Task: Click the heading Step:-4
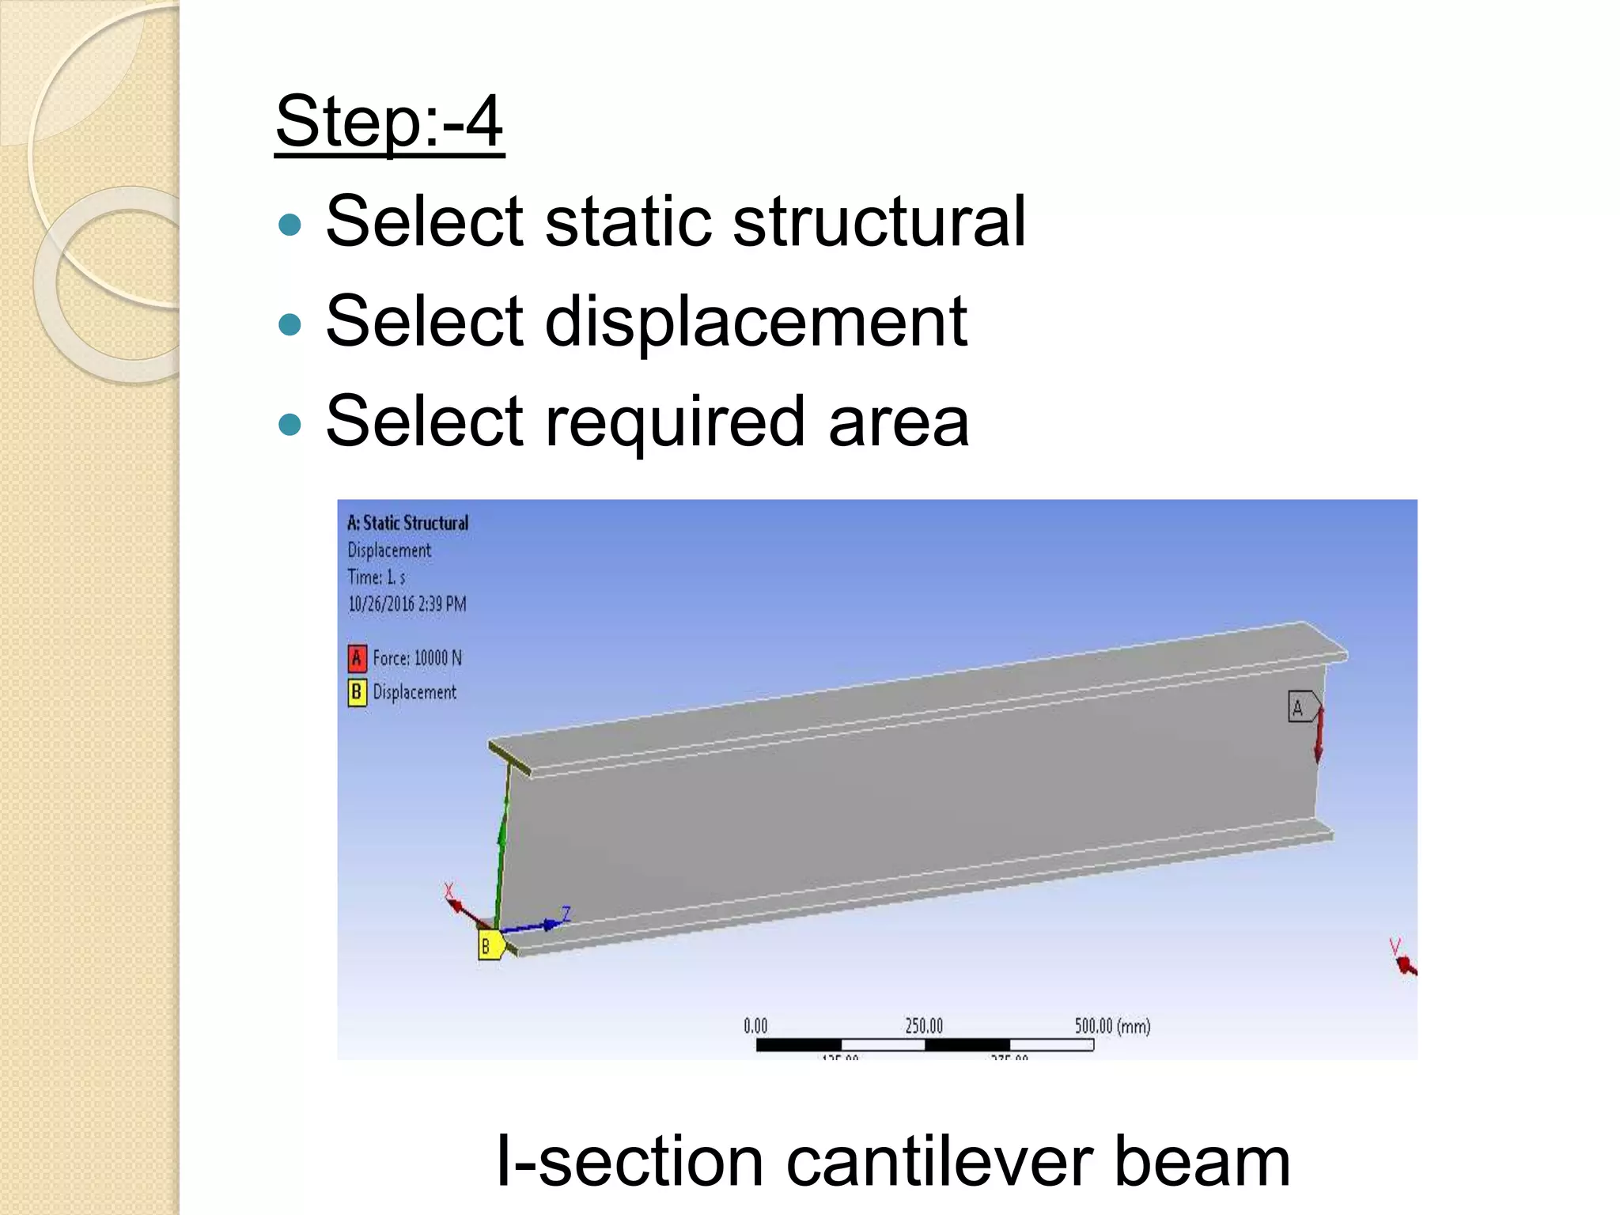pos(389,122)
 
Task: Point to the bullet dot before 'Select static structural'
pos(291,225)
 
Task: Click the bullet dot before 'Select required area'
pos(291,425)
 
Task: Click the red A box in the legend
pos(357,658)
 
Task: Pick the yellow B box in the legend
pos(357,692)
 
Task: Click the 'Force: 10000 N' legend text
pos(417,658)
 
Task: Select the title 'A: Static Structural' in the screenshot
pos(407,523)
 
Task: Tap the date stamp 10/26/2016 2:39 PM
pos(407,604)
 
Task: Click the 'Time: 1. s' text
pos(377,577)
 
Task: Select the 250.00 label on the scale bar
pos(924,1026)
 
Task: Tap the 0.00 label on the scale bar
pos(755,1026)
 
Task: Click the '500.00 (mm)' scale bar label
pos(1112,1026)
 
